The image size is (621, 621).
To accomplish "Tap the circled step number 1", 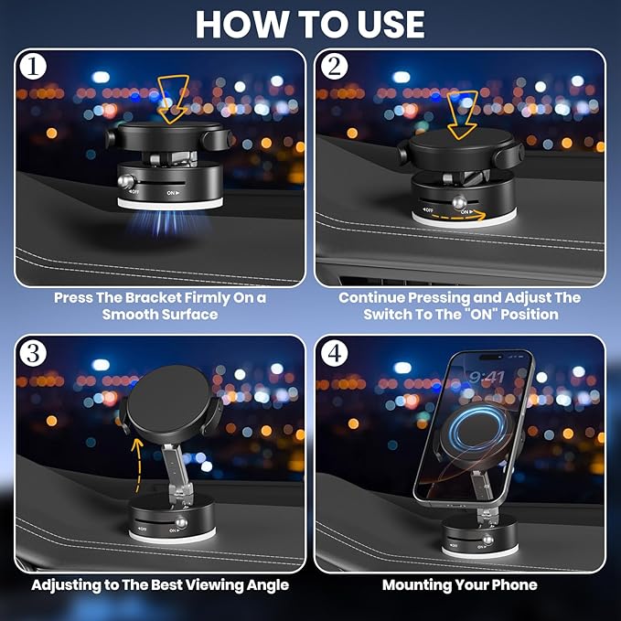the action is [x=33, y=66].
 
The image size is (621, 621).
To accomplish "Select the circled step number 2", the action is [x=335, y=66].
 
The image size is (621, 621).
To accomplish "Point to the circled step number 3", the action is [x=33, y=353].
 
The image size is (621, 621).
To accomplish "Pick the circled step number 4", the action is [x=335, y=353].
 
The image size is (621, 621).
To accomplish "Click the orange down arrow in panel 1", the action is [x=173, y=99].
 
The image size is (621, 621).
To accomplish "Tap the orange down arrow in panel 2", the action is [x=462, y=115].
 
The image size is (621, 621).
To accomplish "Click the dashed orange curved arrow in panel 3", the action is [x=137, y=465].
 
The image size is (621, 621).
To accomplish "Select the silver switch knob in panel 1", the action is [x=127, y=181].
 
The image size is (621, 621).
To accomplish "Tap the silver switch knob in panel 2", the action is [x=459, y=201].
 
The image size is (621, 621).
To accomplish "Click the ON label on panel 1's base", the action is [x=173, y=193].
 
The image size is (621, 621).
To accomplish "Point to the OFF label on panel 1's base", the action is [x=134, y=192].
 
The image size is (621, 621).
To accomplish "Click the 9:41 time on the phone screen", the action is [x=487, y=377].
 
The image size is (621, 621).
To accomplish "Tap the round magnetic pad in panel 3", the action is [x=168, y=399].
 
